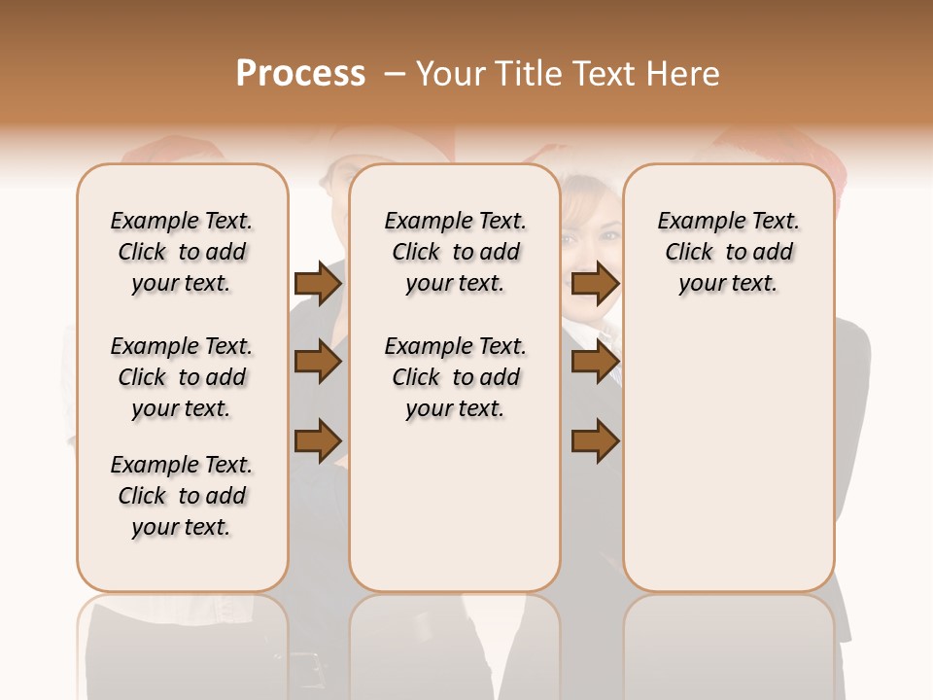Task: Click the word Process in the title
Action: pos(300,74)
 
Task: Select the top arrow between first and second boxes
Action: pos(318,284)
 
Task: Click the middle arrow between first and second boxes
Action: pos(318,362)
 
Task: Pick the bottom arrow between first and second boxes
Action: pos(318,440)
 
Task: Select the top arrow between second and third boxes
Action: pos(595,284)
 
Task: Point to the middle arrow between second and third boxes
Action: pos(595,362)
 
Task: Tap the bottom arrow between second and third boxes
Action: pos(595,440)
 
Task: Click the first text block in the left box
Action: pos(182,252)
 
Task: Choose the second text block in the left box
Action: pos(182,377)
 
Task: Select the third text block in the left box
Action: pos(182,496)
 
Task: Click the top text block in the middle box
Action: pos(455,252)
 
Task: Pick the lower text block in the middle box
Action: pos(455,377)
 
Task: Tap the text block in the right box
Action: pos(729,252)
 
